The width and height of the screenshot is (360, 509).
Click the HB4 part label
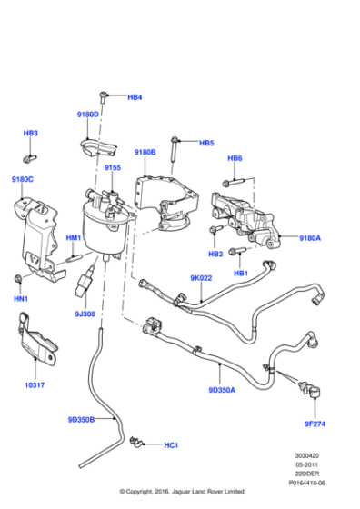135,96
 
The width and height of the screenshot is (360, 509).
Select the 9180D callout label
87,115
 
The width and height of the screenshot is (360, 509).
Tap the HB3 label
31,134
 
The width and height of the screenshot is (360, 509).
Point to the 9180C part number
23,179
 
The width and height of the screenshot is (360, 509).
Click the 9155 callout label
113,168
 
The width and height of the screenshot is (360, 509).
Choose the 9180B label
145,152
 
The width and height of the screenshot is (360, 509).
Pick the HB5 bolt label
206,143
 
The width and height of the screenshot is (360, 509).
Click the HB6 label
235,158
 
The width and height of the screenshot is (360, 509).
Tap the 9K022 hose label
201,278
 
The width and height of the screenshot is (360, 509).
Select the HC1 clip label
171,445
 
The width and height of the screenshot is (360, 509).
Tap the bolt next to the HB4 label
108,95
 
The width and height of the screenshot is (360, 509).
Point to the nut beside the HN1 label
19,276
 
